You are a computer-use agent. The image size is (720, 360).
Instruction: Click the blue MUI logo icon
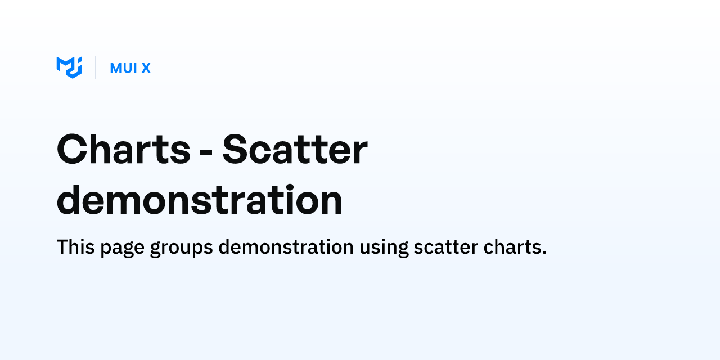(x=69, y=67)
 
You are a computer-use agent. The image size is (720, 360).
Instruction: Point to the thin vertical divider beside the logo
(x=96, y=67)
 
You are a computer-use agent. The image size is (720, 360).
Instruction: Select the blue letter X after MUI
(x=146, y=68)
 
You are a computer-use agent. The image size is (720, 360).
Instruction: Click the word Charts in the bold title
(x=124, y=150)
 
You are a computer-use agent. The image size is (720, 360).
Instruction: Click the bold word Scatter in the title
(x=295, y=150)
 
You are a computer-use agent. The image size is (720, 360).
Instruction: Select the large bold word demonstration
(x=200, y=200)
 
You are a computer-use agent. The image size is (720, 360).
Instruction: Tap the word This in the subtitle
(x=75, y=247)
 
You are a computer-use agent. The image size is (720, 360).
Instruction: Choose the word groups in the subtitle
(x=181, y=248)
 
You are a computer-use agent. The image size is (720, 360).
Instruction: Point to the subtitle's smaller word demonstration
(x=286, y=247)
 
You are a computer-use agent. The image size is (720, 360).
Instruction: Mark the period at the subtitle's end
(x=544, y=253)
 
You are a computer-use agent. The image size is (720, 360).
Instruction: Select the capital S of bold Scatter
(x=235, y=150)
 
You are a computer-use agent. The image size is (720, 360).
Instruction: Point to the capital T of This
(x=62, y=247)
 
